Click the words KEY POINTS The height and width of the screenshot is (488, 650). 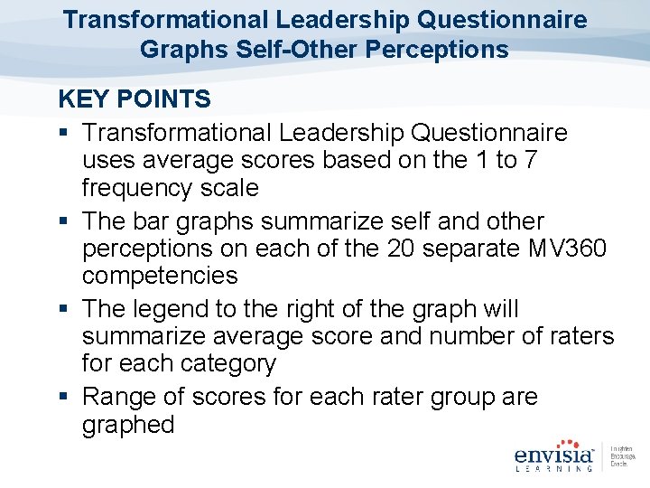coord(135,99)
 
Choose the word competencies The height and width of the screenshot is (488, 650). coord(160,276)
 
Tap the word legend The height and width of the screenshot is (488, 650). coord(168,309)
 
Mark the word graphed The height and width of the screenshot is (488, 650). coord(127,425)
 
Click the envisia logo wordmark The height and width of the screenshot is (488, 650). coord(553,454)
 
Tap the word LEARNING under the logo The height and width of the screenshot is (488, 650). coord(553,468)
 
